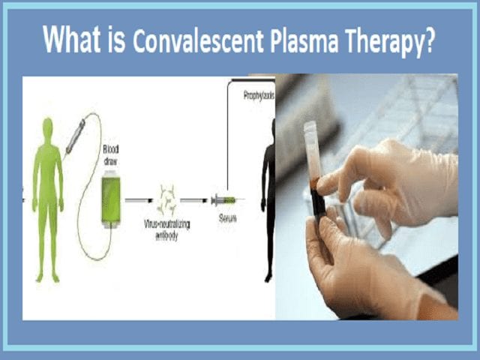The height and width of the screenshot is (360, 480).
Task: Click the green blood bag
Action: pos(111,198)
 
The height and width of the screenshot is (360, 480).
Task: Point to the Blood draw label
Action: pos(111,154)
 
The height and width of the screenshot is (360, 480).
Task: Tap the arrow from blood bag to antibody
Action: pos(138,201)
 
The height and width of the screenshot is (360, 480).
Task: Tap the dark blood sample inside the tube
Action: pos(319,206)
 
